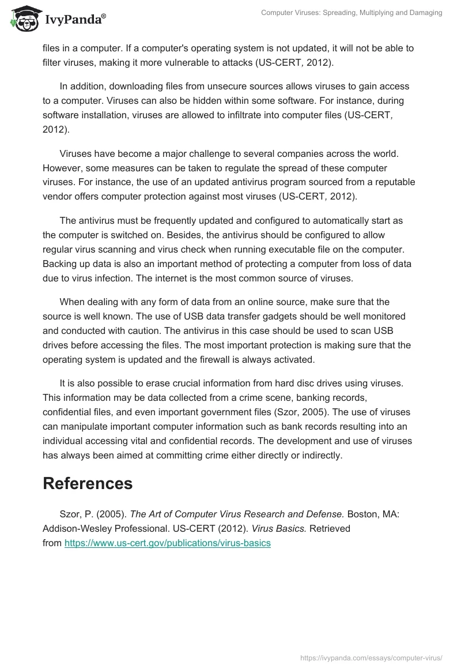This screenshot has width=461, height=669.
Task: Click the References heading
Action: pos(88,483)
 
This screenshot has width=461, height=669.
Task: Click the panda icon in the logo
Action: pos(24,20)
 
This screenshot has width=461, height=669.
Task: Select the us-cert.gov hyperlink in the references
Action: pos(167,543)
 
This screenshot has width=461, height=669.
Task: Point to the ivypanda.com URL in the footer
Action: pos(372,657)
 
